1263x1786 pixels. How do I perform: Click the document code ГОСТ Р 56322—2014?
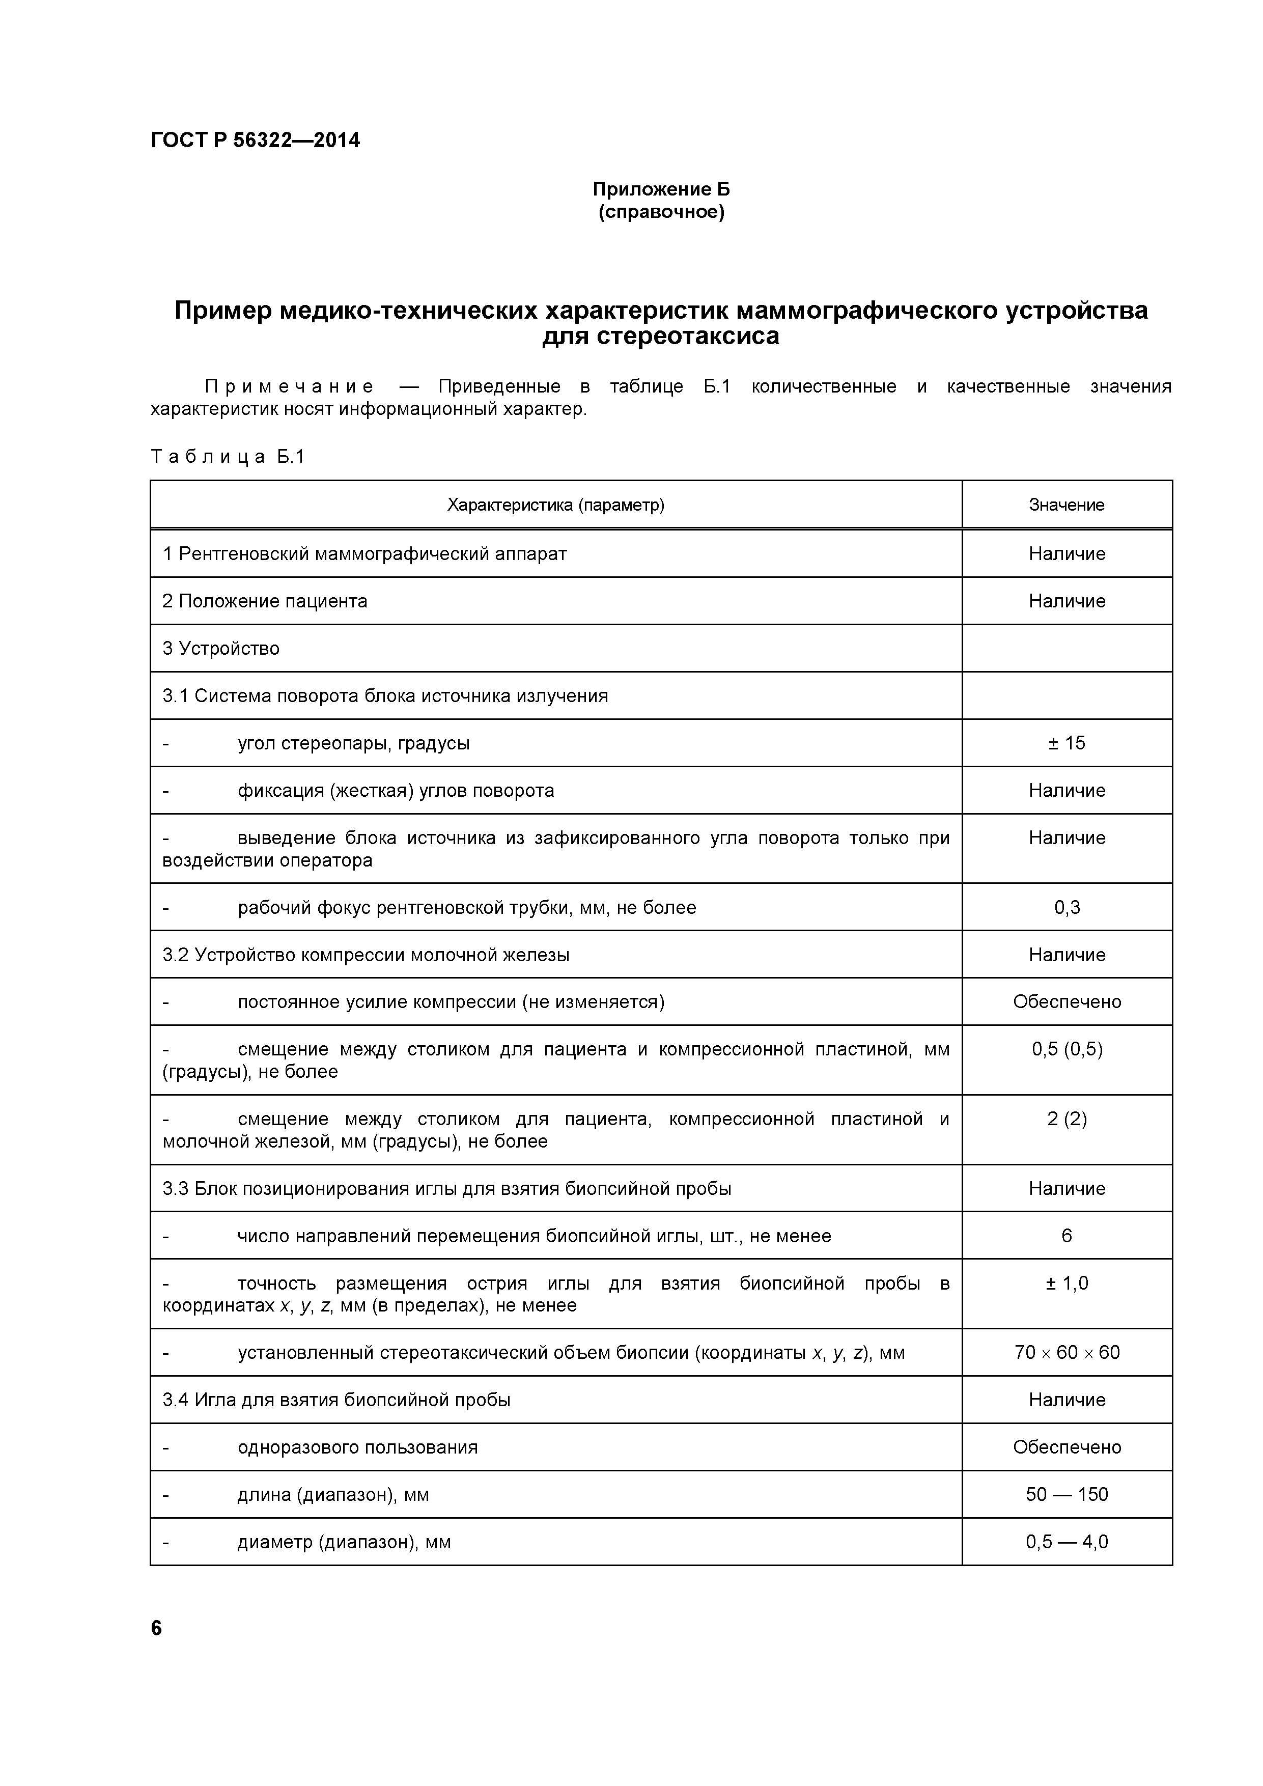click(255, 141)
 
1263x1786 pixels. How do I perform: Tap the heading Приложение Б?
click(661, 189)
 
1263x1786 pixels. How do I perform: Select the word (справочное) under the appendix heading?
click(661, 212)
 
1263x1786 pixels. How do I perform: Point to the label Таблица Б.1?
click(228, 457)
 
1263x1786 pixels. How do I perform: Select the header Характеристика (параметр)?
click(555, 505)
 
